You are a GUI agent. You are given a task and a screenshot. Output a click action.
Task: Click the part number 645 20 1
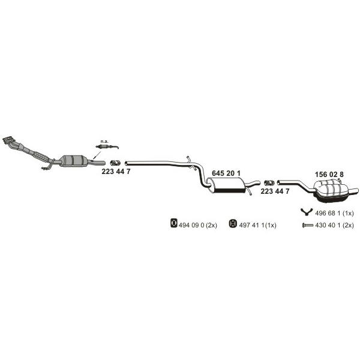coord(226,173)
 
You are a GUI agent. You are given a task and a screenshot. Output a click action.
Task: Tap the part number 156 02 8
coord(329,175)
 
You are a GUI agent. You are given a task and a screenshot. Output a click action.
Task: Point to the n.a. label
coord(104,142)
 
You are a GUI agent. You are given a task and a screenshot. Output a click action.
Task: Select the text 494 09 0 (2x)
coord(198,225)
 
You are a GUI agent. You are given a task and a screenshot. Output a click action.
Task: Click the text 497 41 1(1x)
coord(257,225)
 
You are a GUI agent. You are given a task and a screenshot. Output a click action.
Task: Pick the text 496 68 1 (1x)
coord(334,213)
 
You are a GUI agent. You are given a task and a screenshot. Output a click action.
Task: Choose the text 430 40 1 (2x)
coord(335,225)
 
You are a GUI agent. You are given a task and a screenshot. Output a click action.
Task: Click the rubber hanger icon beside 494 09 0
coord(174,223)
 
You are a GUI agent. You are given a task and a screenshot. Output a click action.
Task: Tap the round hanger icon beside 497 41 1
coord(233,223)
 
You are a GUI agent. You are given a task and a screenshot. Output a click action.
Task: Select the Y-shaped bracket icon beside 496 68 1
coord(307,212)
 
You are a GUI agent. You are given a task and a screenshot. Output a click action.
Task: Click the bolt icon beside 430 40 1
coord(308,226)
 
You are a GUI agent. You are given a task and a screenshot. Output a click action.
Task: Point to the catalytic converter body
coord(73,161)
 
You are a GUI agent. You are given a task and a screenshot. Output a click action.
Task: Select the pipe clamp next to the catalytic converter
coord(115,163)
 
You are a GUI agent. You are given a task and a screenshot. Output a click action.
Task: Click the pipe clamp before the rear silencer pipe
coord(269,183)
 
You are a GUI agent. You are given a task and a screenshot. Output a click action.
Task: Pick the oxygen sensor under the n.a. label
coord(107,147)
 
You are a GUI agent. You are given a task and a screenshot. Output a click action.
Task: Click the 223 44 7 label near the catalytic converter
coord(116,171)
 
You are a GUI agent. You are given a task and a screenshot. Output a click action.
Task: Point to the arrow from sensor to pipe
coord(97,155)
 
